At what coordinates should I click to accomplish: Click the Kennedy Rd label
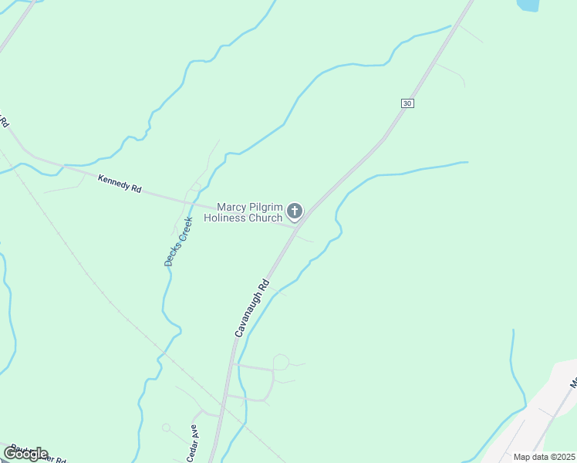[120, 183]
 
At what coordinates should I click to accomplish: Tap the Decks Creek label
[177, 242]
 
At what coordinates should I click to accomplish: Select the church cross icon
[294, 211]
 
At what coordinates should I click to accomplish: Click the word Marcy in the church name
[232, 207]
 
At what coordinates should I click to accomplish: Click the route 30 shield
[407, 103]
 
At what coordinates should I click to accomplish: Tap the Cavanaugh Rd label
[251, 307]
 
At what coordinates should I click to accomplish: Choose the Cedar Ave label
[192, 443]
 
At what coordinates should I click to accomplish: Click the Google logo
[26, 454]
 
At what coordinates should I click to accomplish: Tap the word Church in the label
[267, 218]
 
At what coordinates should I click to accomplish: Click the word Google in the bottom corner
[26, 454]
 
